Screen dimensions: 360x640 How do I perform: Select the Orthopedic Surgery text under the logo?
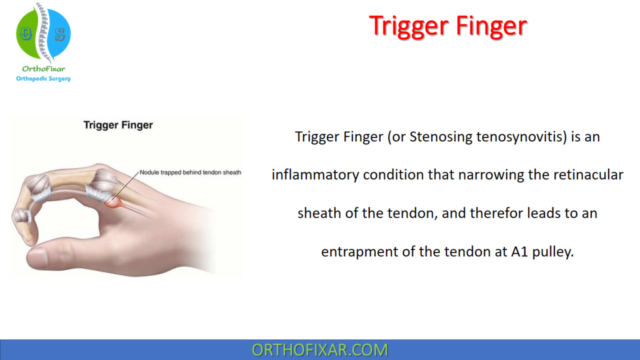[43, 79]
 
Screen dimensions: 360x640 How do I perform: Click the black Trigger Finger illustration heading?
[118, 125]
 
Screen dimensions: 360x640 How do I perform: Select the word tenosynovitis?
[518, 137]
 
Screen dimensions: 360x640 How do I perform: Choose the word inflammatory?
[316, 175]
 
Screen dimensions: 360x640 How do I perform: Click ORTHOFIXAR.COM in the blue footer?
[319, 350]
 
